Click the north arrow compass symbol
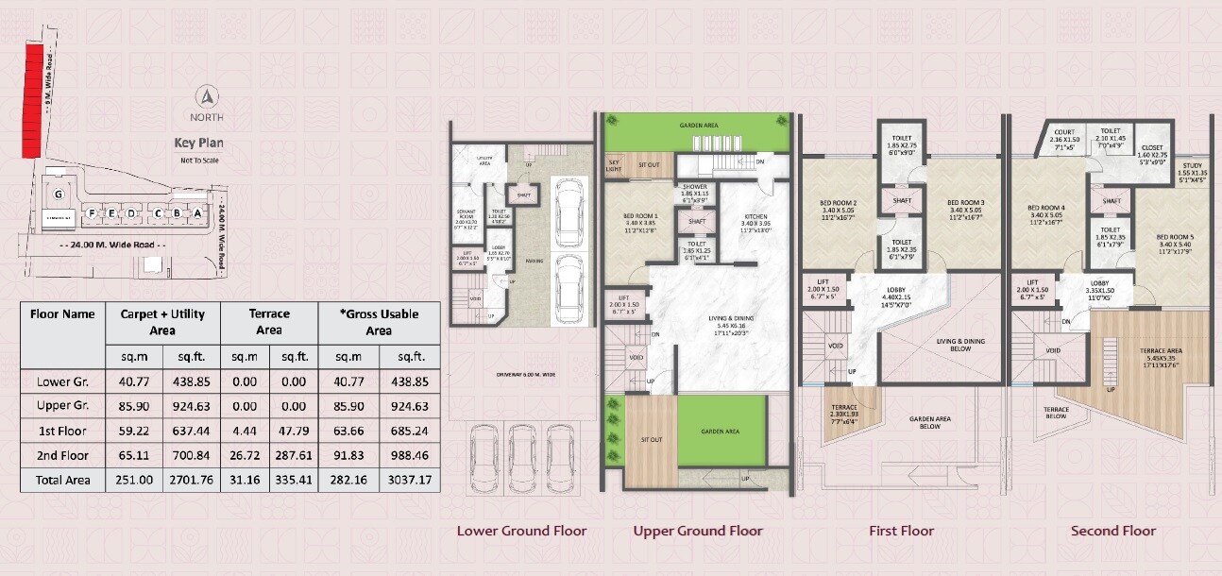(x=208, y=96)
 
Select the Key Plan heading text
(x=198, y=144)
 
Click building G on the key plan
(x=59, y=195)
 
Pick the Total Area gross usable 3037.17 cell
(x=410, y=480)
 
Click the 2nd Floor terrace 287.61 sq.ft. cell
(x=293, y=455)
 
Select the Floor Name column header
(x=62, y=314)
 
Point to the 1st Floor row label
(x=62, y=431)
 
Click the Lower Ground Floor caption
(x=521, y=531)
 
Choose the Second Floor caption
(x=1113, y=531)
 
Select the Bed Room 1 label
(x=640, y=223)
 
